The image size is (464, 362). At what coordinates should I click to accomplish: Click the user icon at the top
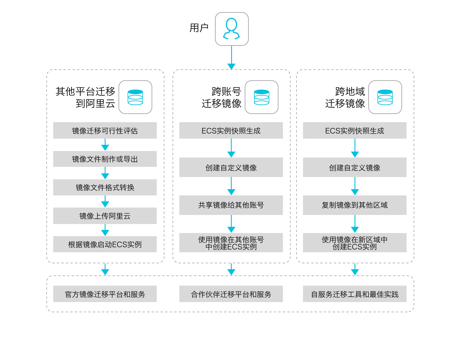pyautogui.click(x=232, y=29)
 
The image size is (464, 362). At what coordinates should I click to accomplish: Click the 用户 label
pyautogui.click(x=199, y=28)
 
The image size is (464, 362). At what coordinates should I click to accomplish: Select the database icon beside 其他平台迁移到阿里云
pyautogui.click(x=135, y=97)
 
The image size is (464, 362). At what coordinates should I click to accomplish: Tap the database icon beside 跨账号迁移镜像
pyautogui.click(x=261, y=97)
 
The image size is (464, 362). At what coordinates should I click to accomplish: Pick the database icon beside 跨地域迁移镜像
pyautogui.click(x=385, y=97)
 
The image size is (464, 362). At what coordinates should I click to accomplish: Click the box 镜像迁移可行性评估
pyautogui.click(x=105, y=130)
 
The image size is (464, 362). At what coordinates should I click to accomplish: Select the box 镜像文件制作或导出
pyautogui.click(x=105, y=159)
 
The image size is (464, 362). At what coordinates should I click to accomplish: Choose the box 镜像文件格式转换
pyautogui.click(x=105, y=187)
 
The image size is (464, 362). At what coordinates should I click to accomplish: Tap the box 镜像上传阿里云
pyautogui.click(x=105, y=216)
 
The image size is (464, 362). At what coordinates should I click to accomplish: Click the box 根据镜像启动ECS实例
pyautogui.click(x=105, y=244)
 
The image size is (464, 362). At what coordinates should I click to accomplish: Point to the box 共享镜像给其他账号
pyautogui.click(x=231, y=205)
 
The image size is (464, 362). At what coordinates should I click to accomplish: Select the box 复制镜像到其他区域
pyautogui.click(x=355, y=205)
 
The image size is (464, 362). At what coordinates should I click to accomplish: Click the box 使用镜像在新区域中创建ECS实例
pyautogui.click(x=355, y=243)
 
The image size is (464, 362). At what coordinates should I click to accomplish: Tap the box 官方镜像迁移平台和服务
pyautogui.click(x=105, y=294)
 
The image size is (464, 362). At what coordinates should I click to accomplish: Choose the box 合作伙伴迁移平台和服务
pyautogui.click(x=231, y=294)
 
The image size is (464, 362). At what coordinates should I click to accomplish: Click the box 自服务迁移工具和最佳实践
pyautogui.click(x=355, y=294)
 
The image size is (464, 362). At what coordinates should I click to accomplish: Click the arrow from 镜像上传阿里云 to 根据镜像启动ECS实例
pyautogui.click(x=105, y=230)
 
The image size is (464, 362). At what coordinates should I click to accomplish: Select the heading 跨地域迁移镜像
pyautogui.click(x=345, y=97)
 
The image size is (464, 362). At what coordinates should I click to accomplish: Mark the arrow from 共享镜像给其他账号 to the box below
pyautogui.click(x=231, y=224)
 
